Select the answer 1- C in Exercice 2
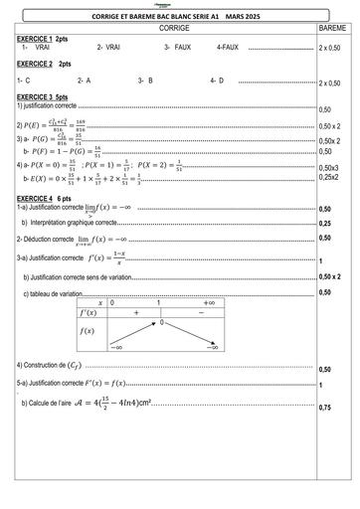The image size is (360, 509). click(x=24, y=80)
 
